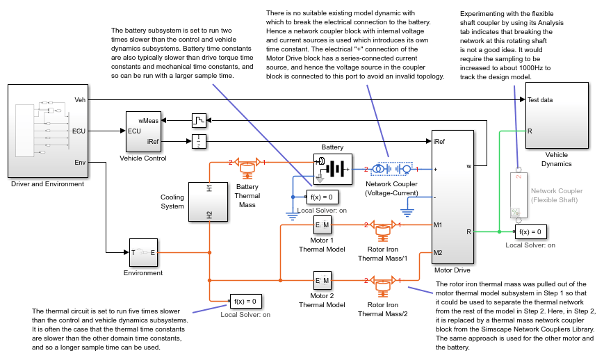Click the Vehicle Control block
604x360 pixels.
(143, 131)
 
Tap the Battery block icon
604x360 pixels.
(333, 169)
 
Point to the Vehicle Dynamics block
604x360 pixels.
(557, 115)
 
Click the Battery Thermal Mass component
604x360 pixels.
(247, 167)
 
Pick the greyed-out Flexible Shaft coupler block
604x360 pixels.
(519, 195)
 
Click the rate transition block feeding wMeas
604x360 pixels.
(199, 120)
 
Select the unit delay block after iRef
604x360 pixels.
(199, 142)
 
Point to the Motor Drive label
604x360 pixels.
(452, 270)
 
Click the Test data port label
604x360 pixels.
(541, 99)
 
